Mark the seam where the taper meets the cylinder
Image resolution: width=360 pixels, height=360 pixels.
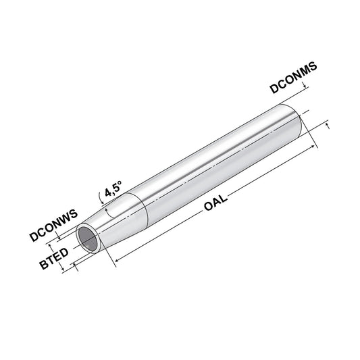[x=138, y=206]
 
